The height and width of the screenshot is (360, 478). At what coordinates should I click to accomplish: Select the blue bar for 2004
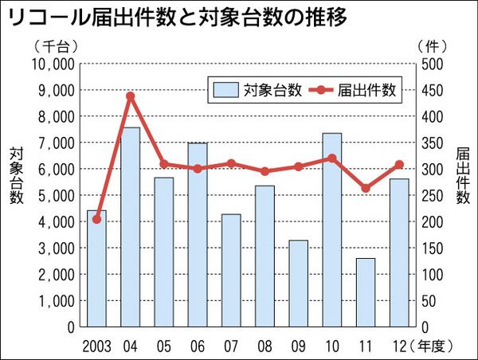pos(131,227)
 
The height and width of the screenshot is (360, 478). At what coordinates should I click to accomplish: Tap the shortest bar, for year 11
pos(366,292)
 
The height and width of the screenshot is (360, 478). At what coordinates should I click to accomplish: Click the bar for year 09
pos(298,283)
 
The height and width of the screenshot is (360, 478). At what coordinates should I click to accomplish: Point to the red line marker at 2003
pos(97,219)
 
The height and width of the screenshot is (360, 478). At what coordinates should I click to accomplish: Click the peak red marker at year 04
pos(131,96)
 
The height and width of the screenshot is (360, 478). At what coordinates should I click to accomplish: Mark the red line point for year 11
pos(366,189)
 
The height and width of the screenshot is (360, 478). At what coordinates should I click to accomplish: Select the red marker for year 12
pos(399,165)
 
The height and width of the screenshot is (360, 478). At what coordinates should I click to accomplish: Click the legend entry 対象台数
pos(256,90)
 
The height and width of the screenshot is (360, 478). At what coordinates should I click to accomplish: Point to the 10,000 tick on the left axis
pos(52,64)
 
